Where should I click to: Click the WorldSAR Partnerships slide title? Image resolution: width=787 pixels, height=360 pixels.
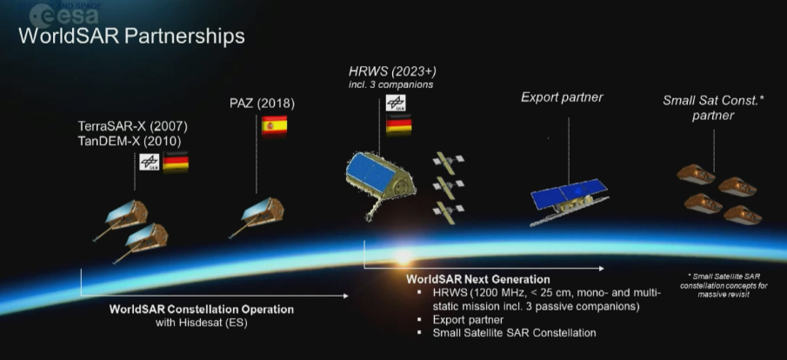click(130, 37)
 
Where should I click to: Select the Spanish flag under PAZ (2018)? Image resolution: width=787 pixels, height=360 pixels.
click(274, 125)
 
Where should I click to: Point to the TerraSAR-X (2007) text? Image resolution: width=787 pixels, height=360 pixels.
click(131, 125)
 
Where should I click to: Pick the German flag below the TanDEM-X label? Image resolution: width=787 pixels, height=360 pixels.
click(176, 162)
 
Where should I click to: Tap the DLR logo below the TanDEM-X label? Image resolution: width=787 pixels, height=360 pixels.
click(149, 162)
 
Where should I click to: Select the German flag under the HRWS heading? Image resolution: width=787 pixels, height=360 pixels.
click(398, 123)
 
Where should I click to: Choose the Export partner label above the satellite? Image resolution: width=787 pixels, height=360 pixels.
click(562, 97)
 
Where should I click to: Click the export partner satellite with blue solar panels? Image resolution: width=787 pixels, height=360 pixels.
click(570, 199)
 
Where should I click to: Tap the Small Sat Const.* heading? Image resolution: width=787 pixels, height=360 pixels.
click(713, 100)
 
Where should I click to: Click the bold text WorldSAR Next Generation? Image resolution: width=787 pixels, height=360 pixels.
click(477, 279)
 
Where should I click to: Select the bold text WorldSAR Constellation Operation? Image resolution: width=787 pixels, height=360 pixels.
click(201, 310)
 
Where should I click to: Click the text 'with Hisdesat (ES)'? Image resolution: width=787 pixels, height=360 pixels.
click(202, 323)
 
